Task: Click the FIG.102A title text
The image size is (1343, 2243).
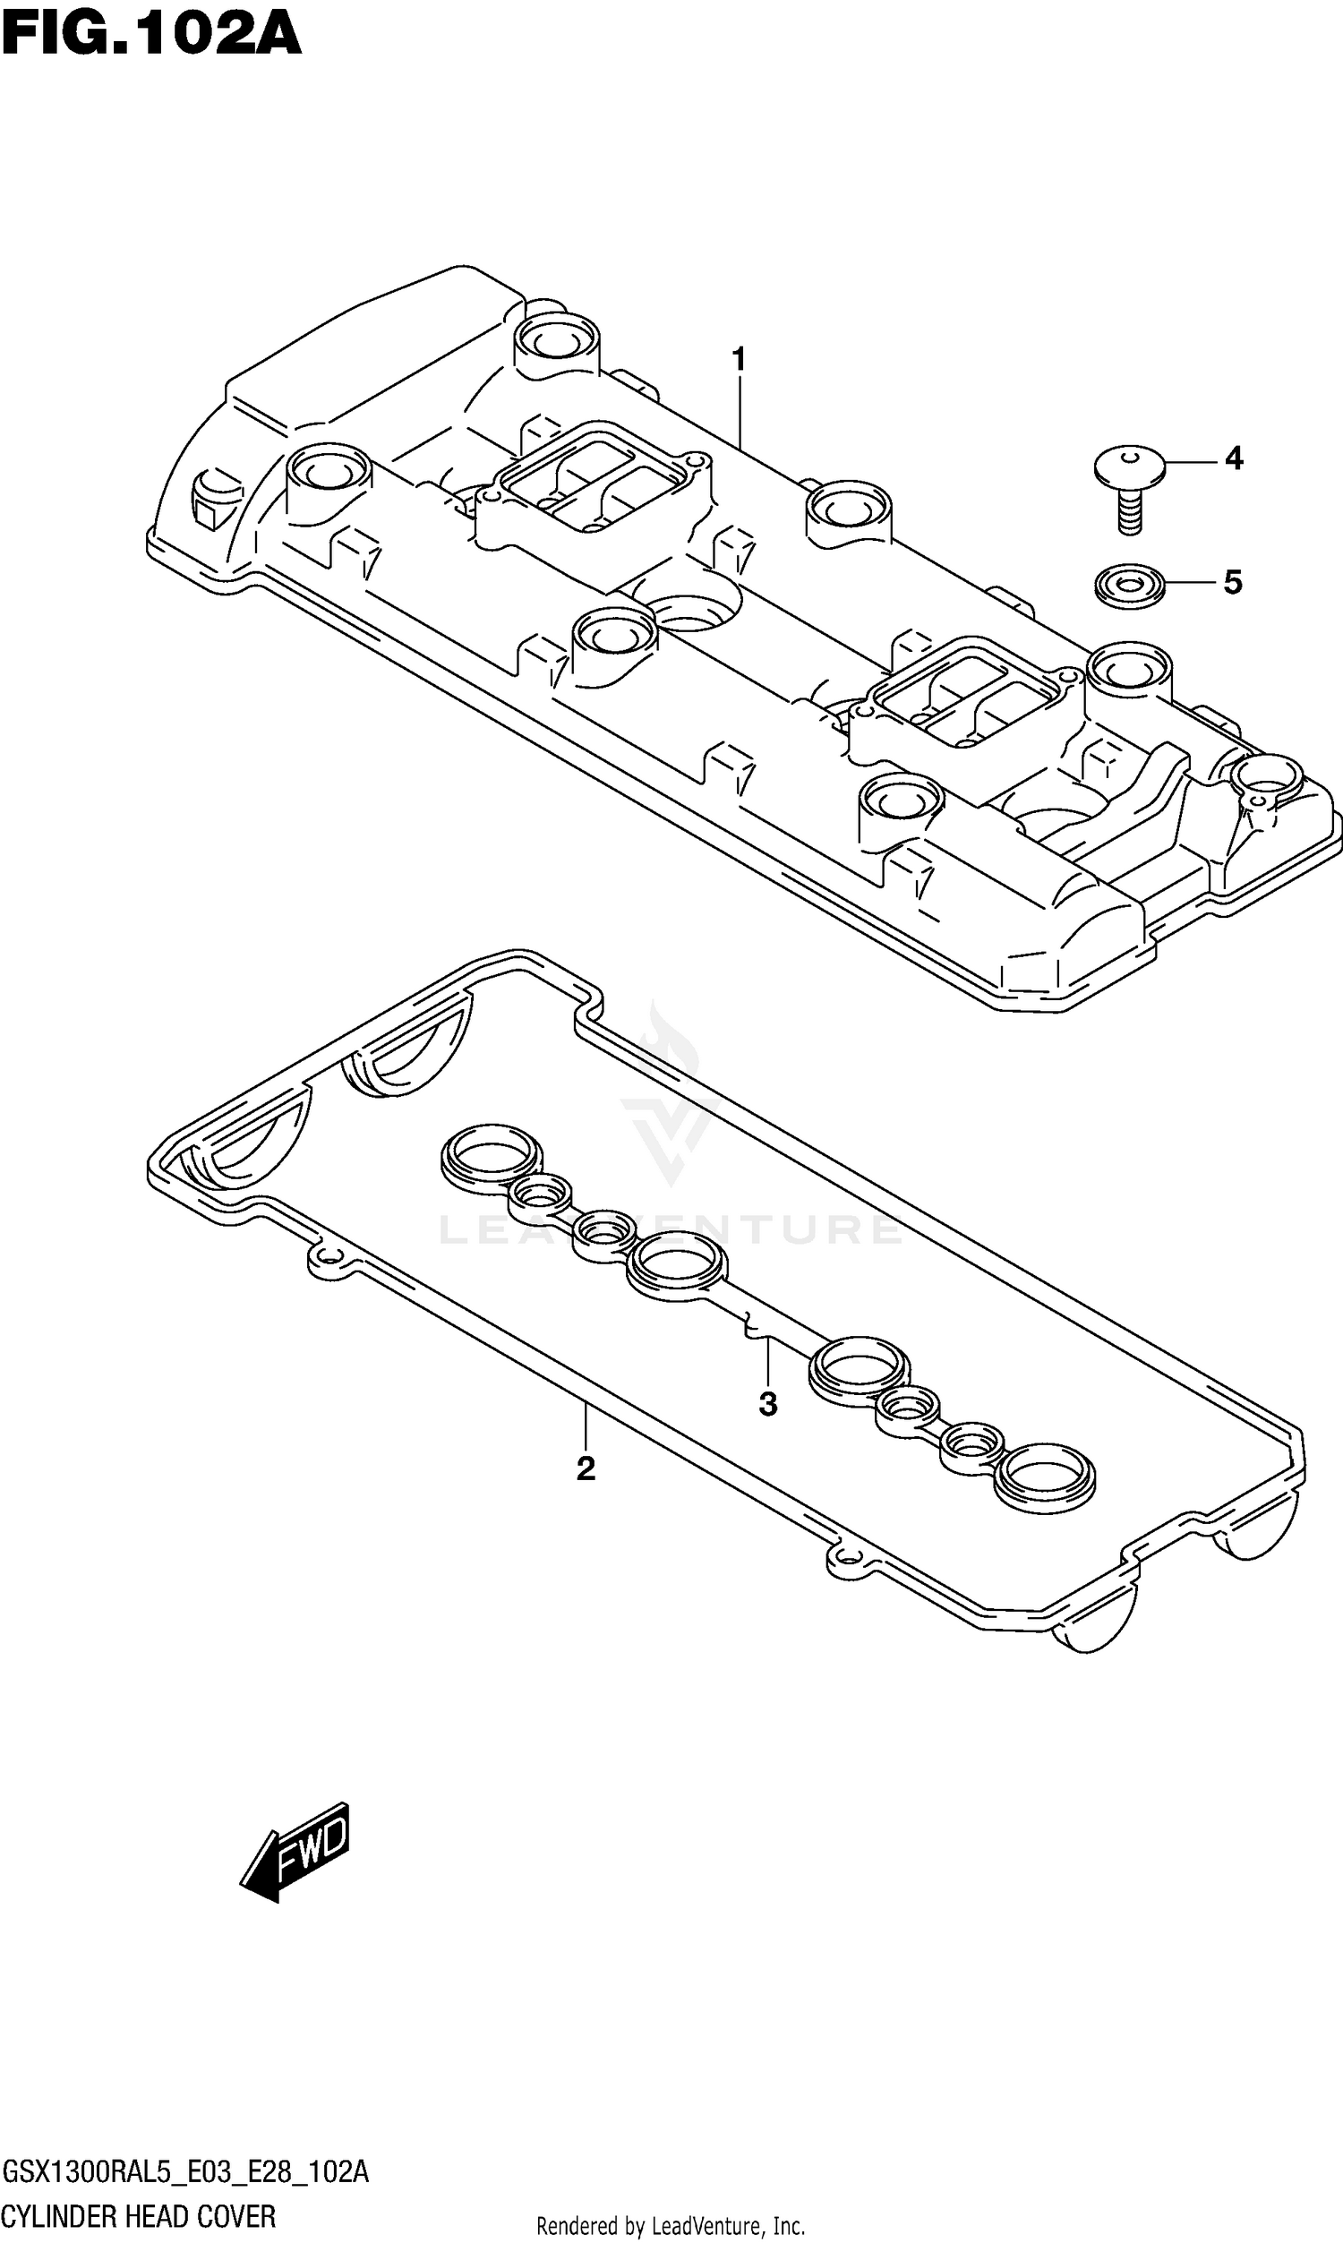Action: click(151, 35)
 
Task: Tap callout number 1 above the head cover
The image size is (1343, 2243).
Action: click(739, 360)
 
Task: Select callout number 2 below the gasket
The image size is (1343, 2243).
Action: click(586, 1468)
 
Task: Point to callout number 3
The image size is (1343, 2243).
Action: click(767, 1404)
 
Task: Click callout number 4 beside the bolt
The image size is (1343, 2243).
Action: click(1234, 459)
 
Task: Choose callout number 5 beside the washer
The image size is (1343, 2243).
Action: click(1233, 583)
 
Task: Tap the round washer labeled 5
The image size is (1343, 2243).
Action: click(1128, 586)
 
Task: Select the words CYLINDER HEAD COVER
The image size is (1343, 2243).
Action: click(139, 2216)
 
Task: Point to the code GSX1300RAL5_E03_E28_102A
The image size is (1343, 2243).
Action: click(185, 2171)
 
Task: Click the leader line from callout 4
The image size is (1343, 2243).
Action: click(1190, 461)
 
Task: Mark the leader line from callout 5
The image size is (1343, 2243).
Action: click(1190, 584)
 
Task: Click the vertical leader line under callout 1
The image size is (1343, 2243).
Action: click(740, 412)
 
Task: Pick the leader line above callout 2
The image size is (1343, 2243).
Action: click(586, 1425)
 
